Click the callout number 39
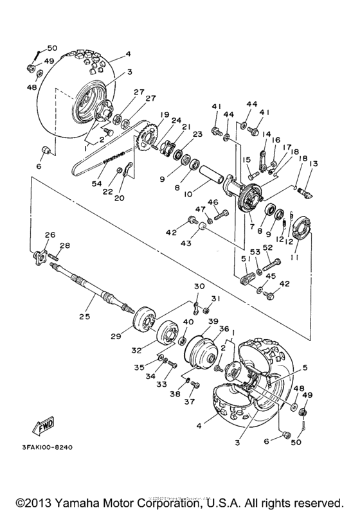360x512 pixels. [x=213, y=321]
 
